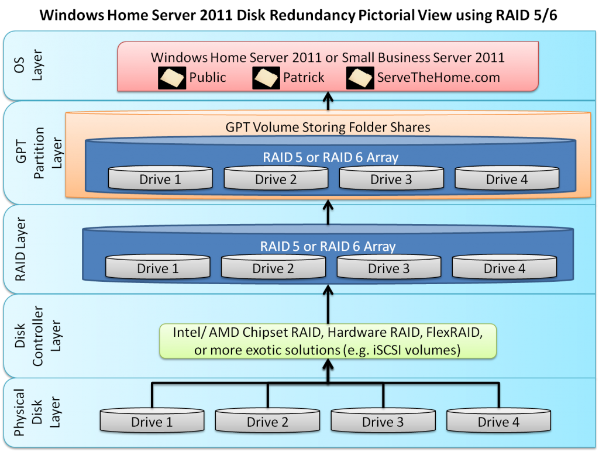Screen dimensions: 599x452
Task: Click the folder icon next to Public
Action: click(x=172, y=78)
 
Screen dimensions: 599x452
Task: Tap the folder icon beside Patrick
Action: click(x=266, y=78)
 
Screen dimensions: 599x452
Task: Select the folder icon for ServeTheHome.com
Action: click(x=360, y=78)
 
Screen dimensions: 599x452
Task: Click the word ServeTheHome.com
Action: click(x=439, y=78)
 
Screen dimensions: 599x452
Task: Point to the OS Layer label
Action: click(x=28, y=65)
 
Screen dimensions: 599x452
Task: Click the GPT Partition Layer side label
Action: click(x=39, y=153)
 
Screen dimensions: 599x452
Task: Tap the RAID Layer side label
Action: click(x=20, y=249)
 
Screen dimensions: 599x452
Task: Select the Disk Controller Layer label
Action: click(x=37, y=336)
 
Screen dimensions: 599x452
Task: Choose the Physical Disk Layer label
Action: click(x=37, y=412)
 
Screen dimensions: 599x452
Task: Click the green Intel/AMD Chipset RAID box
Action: click(x=328, y=341)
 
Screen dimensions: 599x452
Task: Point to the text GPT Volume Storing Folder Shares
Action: click(x=328, y=127)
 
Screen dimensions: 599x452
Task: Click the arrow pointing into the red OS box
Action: click(x=328, y=101)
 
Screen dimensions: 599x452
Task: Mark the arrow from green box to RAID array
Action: click(x=328, y=304)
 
